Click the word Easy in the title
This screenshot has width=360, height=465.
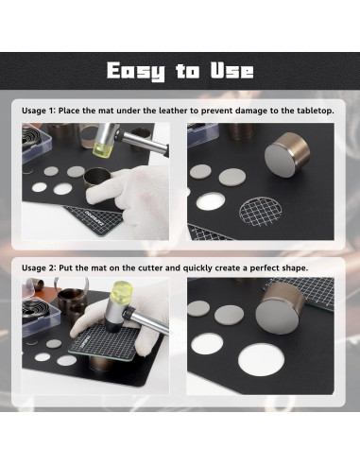[x=135, y=71]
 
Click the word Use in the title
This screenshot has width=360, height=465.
[x=232, y=70]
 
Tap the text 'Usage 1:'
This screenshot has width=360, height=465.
[x=39, y=111]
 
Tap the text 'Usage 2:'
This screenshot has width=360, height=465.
[x=39, y=268]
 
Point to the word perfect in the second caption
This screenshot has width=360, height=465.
[x=265, y=268]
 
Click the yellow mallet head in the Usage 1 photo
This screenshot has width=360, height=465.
[x=102, y=149]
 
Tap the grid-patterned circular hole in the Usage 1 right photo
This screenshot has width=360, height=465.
[x=261, y=211]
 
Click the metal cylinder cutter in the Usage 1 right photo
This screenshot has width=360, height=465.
[x=287, y=154]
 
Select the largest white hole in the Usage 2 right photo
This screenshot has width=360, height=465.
[x=261, y=359]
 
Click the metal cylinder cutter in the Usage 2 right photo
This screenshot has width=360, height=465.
[x=279, y=308]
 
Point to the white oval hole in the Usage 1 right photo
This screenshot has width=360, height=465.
[x=211, y=201]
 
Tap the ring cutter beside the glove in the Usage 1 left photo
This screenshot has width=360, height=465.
[x=96, y=177]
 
